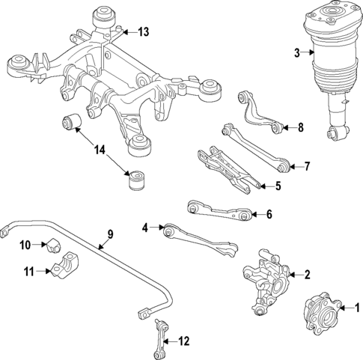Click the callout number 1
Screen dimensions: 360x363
[x=356, y=305]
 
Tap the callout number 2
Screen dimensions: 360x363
[x=306, y=274]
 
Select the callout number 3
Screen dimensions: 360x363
[x=297, y=52]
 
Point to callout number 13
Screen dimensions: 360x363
[x=142, y=31]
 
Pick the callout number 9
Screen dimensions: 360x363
[x=109, y=235]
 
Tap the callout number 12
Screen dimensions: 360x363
[x=183, y=341]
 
